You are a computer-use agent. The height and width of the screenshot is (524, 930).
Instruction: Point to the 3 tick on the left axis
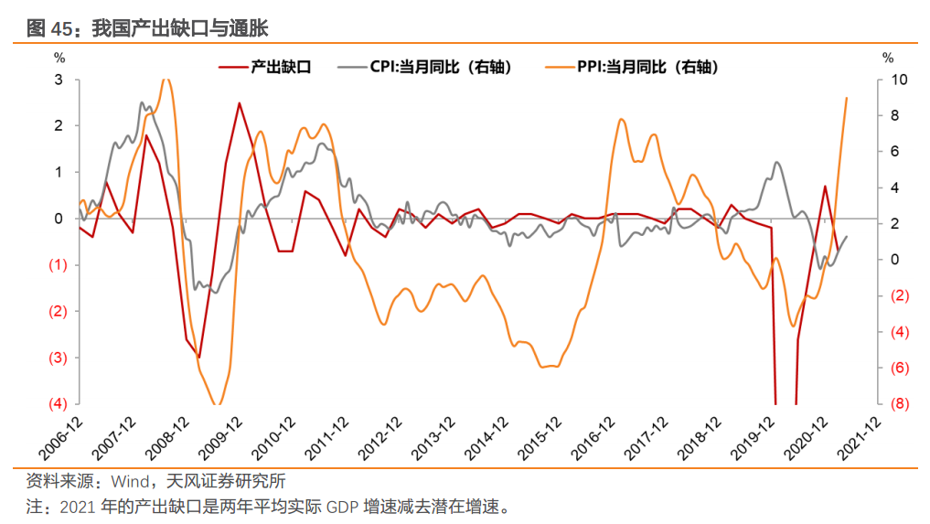[59, 80]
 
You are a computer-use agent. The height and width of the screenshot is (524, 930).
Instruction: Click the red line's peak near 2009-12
[240, 102]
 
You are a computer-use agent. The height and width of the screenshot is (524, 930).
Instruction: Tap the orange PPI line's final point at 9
[846, 98]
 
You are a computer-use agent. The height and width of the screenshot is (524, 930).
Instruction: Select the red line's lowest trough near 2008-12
[198, 358]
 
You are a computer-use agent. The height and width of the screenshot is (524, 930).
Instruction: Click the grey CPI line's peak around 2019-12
[776, 163]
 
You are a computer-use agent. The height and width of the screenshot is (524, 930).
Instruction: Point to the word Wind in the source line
[128, 481]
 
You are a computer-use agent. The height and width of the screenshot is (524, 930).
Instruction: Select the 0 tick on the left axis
[59, 219]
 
